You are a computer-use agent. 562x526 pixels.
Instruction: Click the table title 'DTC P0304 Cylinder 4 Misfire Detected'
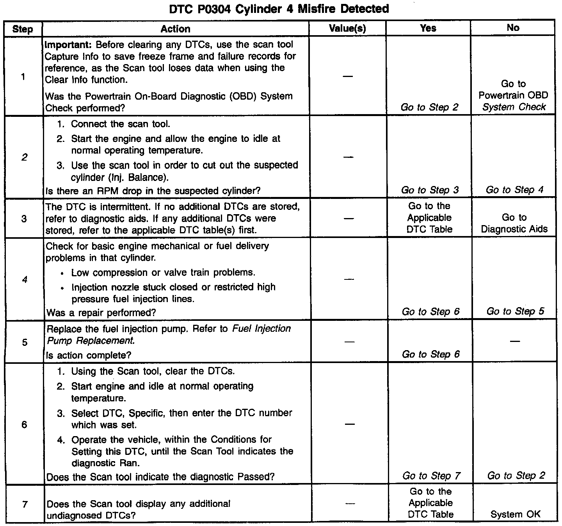coord(279,9)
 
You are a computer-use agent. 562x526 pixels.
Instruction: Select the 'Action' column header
coord(175,29)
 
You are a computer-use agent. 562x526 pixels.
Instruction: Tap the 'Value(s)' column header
coord(347,28)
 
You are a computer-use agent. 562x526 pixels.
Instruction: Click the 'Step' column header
coord(23,29)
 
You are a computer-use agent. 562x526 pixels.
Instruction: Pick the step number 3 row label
coord(24,218)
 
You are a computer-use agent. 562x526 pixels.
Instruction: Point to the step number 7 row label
coord(25,504)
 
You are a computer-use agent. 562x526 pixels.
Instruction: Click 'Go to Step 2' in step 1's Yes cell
coord(429,107)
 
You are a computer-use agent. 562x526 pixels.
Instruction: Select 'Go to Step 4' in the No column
coord(514,190)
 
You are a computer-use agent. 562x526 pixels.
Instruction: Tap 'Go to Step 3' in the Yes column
coord(430,190)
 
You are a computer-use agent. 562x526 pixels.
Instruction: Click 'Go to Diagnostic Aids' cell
coord(514,223)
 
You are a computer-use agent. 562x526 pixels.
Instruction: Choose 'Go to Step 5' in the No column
coord(515,311)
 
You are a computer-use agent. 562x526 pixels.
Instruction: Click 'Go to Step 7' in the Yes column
coord(431,476)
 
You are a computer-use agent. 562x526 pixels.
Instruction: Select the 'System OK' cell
coord(515,514)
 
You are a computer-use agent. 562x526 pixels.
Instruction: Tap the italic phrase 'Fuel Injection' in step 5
coord(261,329)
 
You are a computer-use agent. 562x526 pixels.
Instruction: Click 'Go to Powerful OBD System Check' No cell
coord(514,95)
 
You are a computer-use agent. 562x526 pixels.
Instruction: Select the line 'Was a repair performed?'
coord(101,313)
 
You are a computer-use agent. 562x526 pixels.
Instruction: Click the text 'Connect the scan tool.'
coord(120,124)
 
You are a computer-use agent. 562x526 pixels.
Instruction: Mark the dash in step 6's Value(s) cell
coord(350,424)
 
